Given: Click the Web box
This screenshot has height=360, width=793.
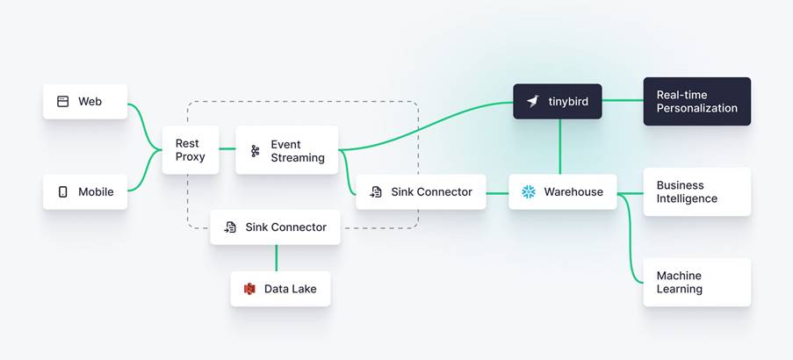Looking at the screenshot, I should tap(85, 102).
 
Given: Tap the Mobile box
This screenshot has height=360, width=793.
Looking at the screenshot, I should tap(85, 191).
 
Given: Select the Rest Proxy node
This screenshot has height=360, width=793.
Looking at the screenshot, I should tap(190, 150).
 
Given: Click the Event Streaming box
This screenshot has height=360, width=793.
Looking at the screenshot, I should tap(286, 151).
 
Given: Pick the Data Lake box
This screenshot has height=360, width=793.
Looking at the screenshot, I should tap(280, 289).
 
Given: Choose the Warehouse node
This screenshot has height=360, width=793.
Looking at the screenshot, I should tap(562, 191).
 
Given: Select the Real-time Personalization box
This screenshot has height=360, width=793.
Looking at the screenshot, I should tap(696, 102).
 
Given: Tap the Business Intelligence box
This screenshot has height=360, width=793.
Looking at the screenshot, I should tap(696, 191).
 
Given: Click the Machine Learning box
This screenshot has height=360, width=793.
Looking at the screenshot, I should tap(696, 282).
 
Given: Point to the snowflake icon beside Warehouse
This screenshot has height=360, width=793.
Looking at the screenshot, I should tap(529, 191).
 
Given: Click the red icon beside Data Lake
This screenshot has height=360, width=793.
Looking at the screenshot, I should tap(249, 289).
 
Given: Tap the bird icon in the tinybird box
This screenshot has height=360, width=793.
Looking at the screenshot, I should tap(533, 102).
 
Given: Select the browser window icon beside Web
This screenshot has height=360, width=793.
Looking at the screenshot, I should tap(63, 102).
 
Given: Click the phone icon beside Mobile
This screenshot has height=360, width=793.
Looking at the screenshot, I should tap(63, 191).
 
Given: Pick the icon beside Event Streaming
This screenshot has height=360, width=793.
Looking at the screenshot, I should tap(256, 151).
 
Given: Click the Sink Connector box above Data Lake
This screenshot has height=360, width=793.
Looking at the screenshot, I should tap(275, 227).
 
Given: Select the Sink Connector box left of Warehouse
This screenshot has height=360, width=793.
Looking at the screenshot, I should tap(421, 191).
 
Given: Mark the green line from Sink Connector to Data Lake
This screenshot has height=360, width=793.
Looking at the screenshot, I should tap(277, 257).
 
